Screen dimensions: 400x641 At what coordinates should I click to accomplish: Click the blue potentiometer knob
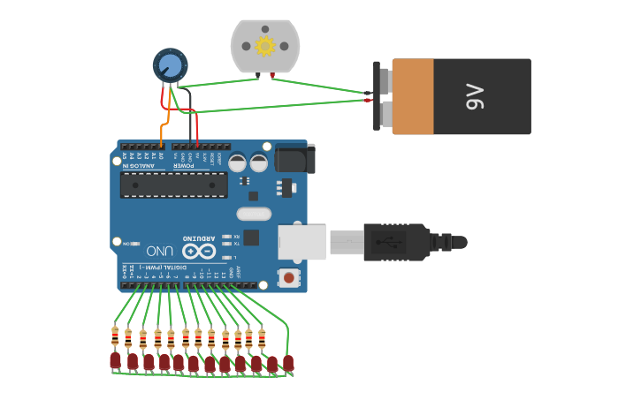(x=170, y=65)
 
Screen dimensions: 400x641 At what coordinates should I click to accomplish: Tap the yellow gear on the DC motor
(x=265, y=45)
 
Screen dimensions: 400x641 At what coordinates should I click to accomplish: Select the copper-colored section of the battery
(x=413, y=96)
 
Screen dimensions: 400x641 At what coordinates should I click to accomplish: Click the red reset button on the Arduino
(x=288, y=277)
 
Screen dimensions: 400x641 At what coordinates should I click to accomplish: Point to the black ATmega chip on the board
(x=173, y=185)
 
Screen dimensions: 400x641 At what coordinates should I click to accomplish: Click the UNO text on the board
(x=159, y=250)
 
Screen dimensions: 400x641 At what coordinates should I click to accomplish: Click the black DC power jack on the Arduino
(x=294, y=158)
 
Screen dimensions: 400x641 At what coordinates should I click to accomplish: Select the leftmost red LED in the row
(x=115, y=360)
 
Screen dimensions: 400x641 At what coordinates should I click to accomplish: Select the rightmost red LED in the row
(x=288, y=362)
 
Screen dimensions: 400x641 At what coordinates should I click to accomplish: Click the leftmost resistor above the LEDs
(x=115, y=336)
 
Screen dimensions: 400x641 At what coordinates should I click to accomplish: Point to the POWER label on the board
(x=184, y=165)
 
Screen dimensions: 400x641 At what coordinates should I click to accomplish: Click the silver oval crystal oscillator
(x=254, y=213)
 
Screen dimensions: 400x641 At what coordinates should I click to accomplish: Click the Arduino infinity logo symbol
(x=198, y=250)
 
